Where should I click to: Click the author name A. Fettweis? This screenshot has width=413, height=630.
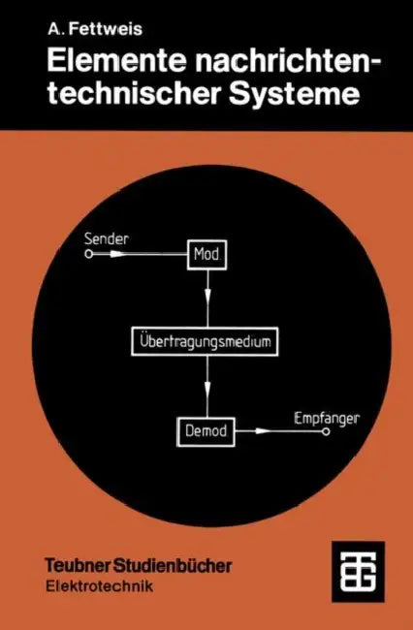(95, 29)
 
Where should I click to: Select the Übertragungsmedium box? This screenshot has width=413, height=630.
(205, 341)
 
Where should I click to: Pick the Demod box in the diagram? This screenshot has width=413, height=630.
(206, 432)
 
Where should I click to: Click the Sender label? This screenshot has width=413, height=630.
(107, 238)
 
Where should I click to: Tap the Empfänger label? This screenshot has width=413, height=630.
(327, 419)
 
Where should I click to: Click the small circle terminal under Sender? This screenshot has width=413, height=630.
(89, 254)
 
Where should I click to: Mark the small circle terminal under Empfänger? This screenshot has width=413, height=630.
(326, 432)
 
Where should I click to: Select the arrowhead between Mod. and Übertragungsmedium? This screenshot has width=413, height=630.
(207, 297)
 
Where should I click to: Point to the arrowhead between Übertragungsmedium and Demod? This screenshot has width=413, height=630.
(207, 387)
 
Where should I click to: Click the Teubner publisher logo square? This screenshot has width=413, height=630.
(358, 571)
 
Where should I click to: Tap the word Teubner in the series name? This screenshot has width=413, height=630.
(79, 566)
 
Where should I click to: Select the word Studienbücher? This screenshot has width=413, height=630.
(174, 566)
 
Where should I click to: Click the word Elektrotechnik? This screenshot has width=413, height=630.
(99, 586)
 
